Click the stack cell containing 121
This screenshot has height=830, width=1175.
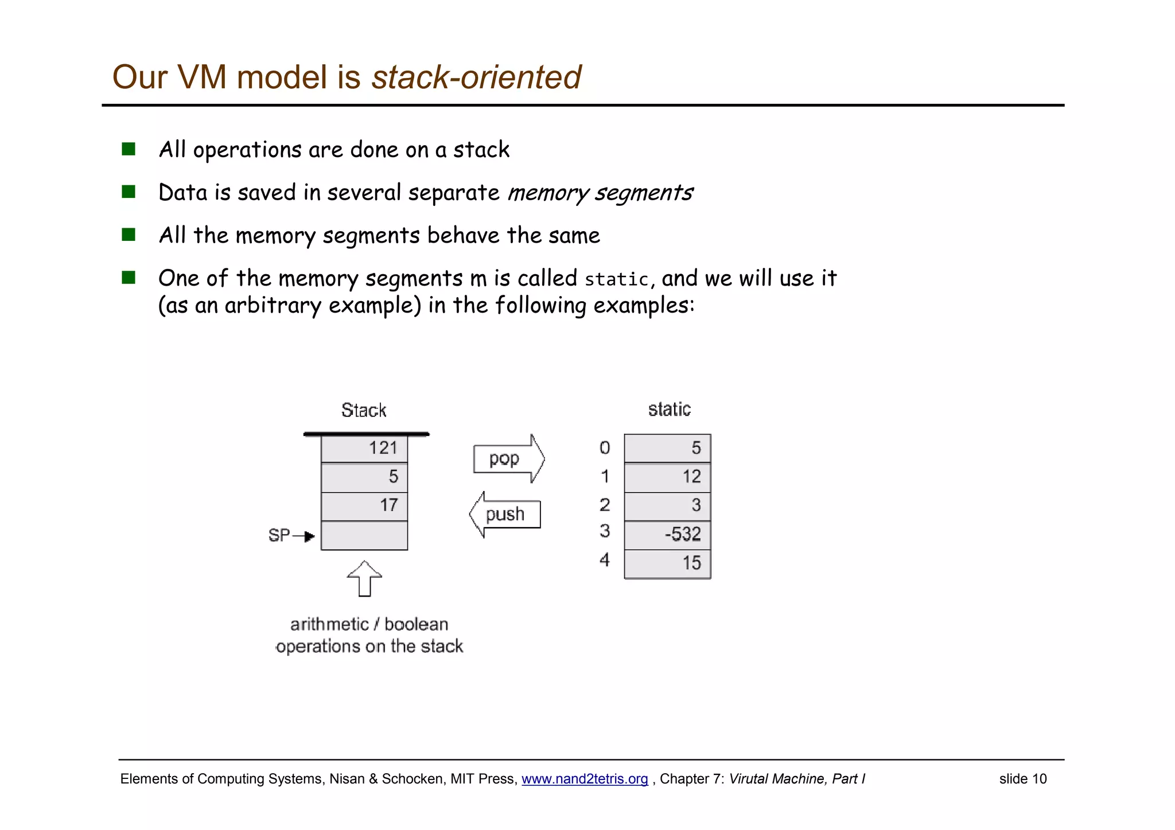[x=364, y=448]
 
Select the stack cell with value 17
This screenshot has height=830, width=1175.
[x=364, y=505]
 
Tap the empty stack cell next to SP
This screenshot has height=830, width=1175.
[x=364, y=535]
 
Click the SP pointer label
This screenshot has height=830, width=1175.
[x=279, y=535]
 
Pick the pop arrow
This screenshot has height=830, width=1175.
[x=508, y=459]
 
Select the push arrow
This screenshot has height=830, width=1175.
[x=505, y=514]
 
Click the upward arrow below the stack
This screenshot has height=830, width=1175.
[x=364, y=579]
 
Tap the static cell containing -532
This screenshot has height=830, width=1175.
[x=667, y=535]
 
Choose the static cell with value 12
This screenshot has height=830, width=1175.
[x=667, y=477]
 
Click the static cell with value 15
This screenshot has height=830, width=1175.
[x=667, y=563]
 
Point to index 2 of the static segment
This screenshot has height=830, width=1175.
[x=605, y=505]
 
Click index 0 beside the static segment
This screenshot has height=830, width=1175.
[x=605, y=447]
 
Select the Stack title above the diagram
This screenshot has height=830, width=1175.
[x=364, y=410]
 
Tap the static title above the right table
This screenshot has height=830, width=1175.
[x=669, y=409]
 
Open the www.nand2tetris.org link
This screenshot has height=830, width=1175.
[x=584, y=779]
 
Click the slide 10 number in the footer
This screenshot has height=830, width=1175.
[x=1022, y=779]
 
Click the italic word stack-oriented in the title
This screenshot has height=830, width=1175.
[x=476, y=77]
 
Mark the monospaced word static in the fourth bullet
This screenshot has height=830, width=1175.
[x=616, y=279]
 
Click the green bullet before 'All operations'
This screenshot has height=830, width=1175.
[x=129, y=149]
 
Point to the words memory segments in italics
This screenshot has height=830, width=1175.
[x=600, y=193]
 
